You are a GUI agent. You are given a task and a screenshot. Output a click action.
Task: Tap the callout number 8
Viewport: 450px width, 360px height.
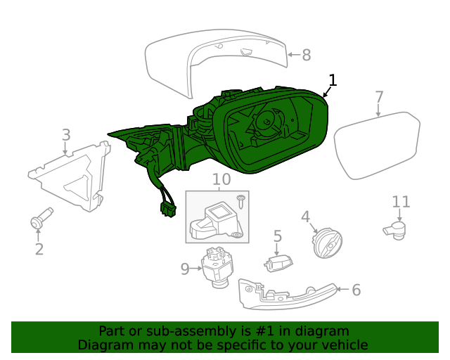point(307,55)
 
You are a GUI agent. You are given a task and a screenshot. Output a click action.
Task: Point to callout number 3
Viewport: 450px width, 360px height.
point(66,134)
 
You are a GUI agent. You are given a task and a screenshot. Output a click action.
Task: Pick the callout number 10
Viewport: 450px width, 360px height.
point(221,179)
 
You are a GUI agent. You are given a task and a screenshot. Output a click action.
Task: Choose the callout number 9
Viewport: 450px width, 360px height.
point(185,269)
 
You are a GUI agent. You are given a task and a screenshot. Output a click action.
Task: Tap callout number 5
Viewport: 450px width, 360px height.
point(278,237)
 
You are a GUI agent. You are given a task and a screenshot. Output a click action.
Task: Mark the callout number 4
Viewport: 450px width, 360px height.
point(305,216)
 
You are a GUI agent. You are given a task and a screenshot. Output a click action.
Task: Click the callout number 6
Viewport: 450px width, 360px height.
point(356,289)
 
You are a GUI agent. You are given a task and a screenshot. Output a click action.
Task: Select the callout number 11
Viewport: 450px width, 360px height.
point(401,202)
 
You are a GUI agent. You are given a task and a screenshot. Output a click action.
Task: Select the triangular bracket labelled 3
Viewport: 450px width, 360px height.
point(74,178)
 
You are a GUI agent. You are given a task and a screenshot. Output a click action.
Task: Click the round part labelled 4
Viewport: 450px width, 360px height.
point(326,244)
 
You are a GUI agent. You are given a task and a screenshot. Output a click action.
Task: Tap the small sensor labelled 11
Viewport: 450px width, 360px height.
point(394,229)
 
